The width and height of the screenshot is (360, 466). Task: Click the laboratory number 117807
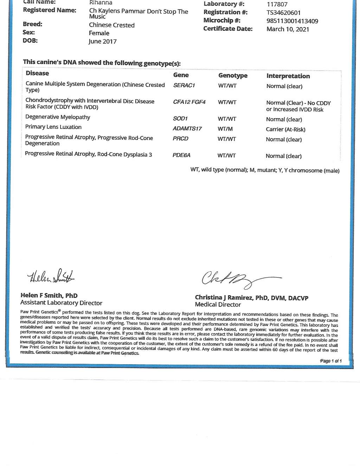(277, 5)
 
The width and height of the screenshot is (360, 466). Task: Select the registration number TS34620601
(283, 13)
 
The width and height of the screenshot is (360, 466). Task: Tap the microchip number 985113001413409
(292, 21)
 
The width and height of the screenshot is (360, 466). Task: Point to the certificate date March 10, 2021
(288, 29)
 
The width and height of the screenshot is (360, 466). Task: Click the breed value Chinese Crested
(112, 25)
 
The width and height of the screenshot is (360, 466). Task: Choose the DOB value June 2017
(102, 42)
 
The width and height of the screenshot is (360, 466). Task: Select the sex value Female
(99, 33)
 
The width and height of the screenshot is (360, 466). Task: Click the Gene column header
(181, 75)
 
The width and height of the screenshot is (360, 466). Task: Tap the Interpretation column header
(288, 76)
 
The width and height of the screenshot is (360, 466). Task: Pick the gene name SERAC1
(184, 85)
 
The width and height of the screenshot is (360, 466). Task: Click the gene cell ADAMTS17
(187, 129)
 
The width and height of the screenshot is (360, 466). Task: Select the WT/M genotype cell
(225, 129)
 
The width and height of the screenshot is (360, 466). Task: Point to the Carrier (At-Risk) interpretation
(285, 129)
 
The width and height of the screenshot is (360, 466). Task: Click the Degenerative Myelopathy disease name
(58, 117)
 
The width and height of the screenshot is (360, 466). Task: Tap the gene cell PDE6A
(181, 155)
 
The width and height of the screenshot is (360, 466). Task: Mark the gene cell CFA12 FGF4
(189, 102)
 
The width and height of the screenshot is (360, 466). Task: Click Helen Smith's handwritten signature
(51, 276)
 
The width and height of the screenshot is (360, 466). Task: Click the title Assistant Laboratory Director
(61, 303)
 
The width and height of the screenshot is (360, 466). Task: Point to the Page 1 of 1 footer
(330, 361)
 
